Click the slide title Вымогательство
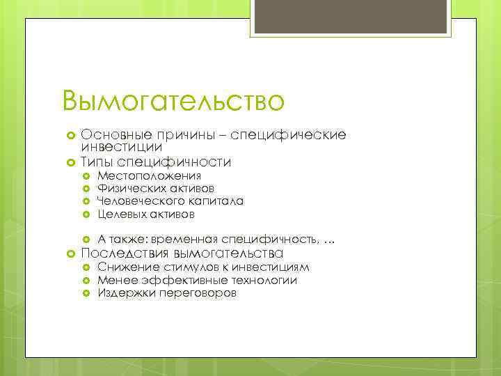coord(173,101)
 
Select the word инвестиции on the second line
coord(122,147)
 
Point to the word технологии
coord(262,280)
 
